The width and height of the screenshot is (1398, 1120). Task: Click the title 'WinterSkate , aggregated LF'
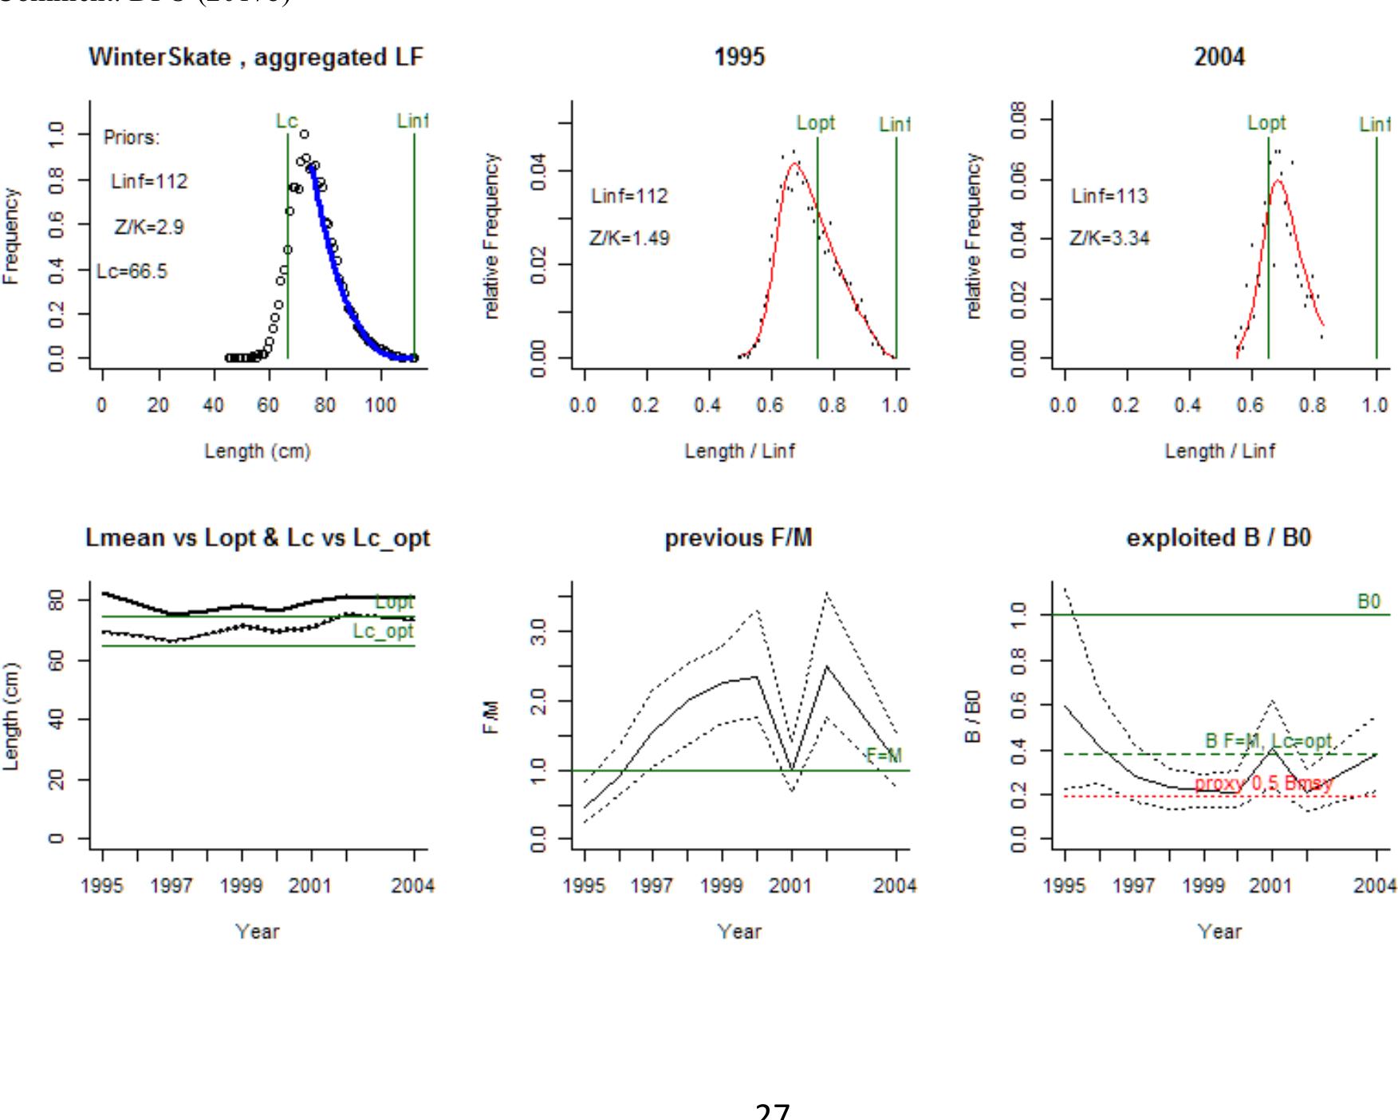click(x=255, y=57)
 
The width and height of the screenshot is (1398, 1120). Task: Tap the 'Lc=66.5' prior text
click(x=132, y=272)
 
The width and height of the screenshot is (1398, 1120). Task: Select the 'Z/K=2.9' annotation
click(x=149, y=227)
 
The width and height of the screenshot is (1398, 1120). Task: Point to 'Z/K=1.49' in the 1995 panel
click(x=629, y=239)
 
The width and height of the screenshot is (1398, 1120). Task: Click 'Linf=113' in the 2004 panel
click(x=1109, y=196)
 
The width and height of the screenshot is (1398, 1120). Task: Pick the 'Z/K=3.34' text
click(x=1109, y=239)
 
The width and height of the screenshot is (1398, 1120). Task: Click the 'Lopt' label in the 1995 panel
click(x=816, y=123)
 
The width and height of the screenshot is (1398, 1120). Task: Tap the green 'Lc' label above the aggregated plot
click(x=286, y=121)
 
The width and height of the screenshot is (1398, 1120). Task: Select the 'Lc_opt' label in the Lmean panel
click(x=384, y=631)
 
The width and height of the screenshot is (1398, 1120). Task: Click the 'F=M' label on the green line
click(x=884, y=755)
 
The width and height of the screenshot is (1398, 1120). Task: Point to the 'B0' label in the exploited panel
click(x=1368, y=601)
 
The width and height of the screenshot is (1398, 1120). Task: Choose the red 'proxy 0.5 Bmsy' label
click(x=1263, y=784)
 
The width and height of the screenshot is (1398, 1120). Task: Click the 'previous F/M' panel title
click(x=738, y=538)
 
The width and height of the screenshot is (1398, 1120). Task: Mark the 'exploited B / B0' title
click(x=1219, y=538)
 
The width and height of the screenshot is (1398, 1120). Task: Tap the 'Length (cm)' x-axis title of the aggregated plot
click(x=257, y=452)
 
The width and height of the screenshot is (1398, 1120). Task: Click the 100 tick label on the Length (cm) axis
click(x=380, y=405)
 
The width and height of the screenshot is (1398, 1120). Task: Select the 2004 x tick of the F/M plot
click(x=895, y=885)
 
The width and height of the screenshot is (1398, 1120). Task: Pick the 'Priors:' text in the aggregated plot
click(x=132, y=138)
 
